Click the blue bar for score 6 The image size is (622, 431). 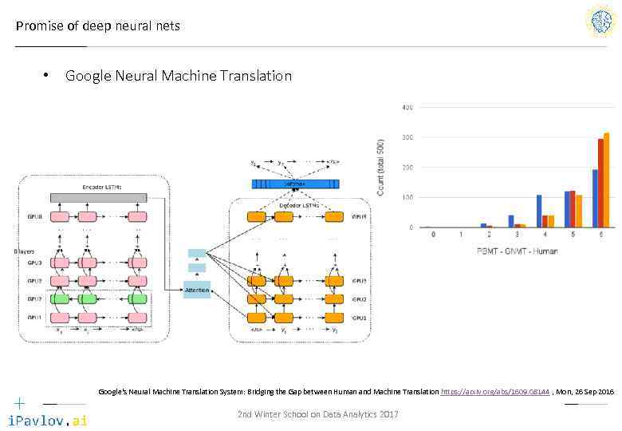(595, 198)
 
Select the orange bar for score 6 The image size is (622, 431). (607, 180)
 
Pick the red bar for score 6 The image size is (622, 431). (601, 183)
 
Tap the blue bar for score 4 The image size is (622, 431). (539, 211)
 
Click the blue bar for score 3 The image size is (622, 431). (511, 221)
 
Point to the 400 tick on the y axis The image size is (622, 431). (407, 108)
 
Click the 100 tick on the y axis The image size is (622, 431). (407, 197)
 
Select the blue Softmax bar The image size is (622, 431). (295, 184)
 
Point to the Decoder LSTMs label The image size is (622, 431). (297, 205)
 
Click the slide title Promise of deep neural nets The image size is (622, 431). (98, 26)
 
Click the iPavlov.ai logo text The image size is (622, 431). (47, 420)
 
